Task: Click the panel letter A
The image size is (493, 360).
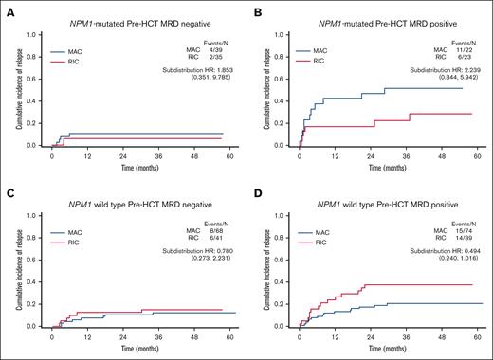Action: pyautogui.click(x=7, y=8)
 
